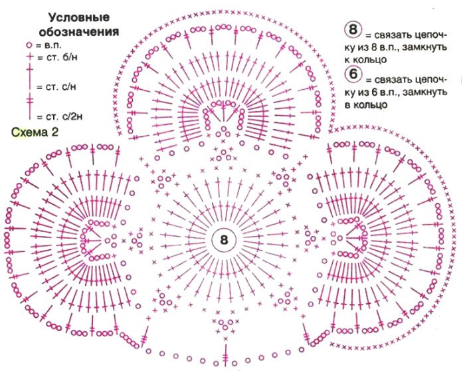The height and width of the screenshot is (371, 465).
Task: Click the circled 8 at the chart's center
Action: (x=223, y=240)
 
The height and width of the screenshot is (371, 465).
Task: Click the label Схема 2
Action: (x=35, y=132)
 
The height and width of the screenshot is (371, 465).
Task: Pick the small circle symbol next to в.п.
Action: (x=29, y=45)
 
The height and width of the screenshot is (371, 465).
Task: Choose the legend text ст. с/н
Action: (x=56, y=86)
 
